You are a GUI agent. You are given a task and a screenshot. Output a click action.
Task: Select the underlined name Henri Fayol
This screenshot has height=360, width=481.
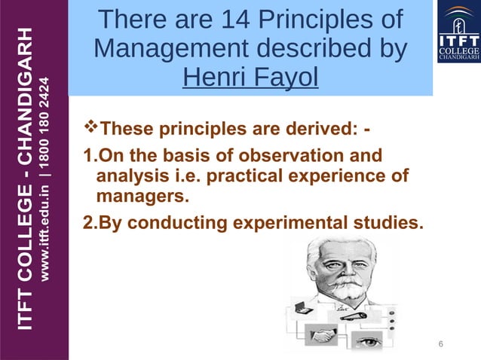(250, 78)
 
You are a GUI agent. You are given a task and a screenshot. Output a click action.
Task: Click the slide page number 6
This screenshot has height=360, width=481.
(441, 344)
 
